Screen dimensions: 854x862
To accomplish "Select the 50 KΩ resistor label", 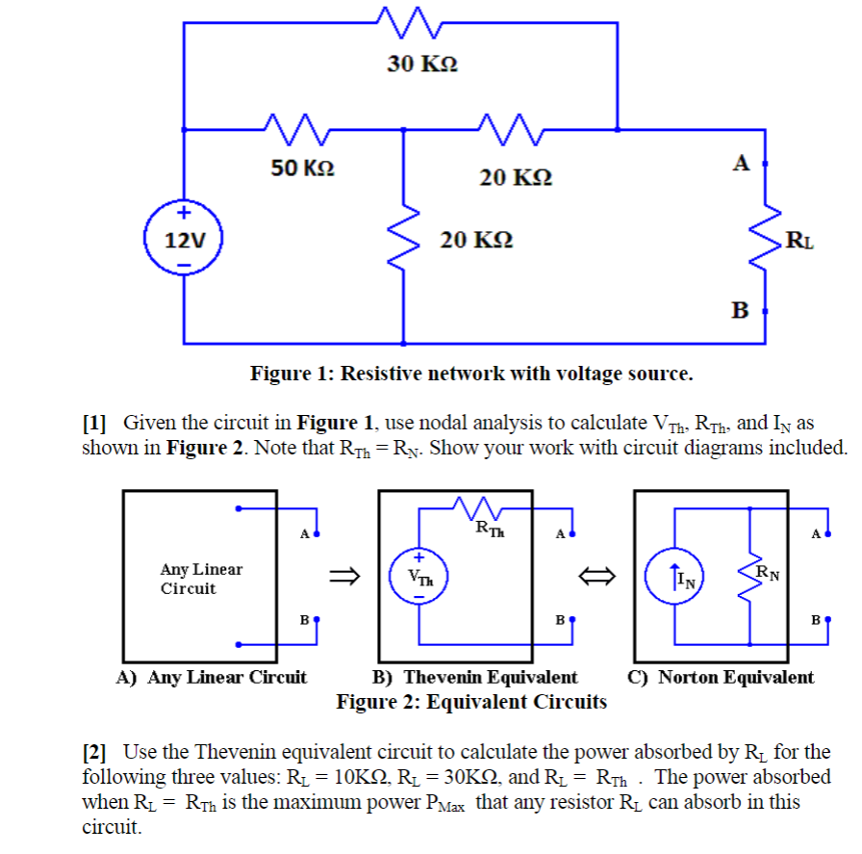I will pyautogui.click(x=303, y=168).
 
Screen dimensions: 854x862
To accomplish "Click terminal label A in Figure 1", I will pyautogui.click(x=740, y=163).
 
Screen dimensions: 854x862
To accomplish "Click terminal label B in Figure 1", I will pyautogui.click(x=739, y=310).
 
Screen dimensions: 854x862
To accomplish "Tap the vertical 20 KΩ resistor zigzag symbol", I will pyautogui.click(x=404, y=237).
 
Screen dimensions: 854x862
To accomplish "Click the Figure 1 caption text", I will pyautogui.click(x=470, y=373).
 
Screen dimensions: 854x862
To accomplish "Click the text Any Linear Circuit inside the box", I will pyautogui.click(x=201, y=579).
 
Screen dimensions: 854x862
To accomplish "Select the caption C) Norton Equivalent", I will pyautogui.click(x=721, y=677).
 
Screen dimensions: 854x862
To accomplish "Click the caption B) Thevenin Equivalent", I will pyautogui.click(x=475, y=677).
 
